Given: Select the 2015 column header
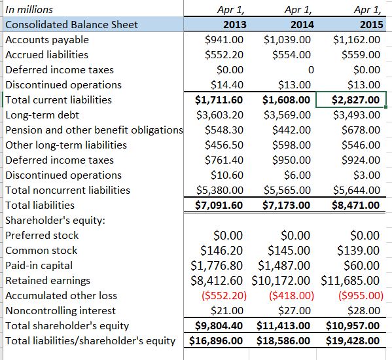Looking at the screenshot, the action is (x=368, y=25).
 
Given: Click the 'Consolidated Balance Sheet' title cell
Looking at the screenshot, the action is (x=71, y=25).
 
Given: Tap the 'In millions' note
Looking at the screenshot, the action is (x=29, y=10).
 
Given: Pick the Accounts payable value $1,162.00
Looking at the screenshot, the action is (x=357, y=40).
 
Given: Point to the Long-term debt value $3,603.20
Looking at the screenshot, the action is (x=220, y=115).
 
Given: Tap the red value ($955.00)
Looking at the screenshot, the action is (x=357, y=295).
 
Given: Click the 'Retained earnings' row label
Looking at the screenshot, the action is (x=48, y=280).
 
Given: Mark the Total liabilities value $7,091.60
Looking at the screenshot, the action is (x=220, y=206).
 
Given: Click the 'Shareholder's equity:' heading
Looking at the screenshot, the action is (x=50, y=221).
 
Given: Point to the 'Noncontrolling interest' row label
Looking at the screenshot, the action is (x=60, y=310).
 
